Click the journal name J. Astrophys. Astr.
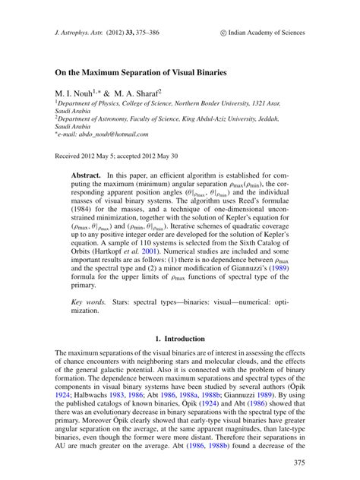click(79, 33)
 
